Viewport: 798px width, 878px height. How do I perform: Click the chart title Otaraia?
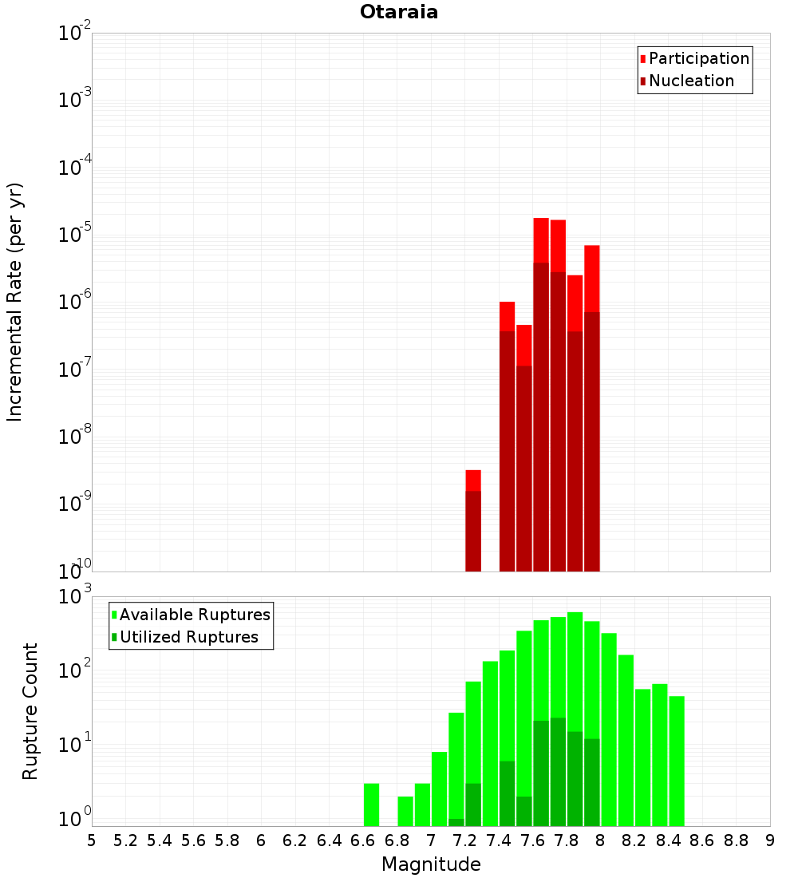[399, 12]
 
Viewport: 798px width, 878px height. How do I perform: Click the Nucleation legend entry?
[691, 81]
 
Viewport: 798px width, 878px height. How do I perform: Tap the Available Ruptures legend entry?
[194, 615]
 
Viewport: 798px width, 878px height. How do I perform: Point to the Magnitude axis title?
[431, 864]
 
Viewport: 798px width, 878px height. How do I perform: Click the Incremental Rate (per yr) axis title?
[14, 302]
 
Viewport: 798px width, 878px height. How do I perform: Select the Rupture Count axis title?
[30, 710]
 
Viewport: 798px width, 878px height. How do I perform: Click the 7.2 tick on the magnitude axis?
[464, 840]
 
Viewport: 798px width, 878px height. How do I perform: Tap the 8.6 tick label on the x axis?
[702, 840]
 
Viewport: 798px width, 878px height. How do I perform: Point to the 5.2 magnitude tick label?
[125, 840]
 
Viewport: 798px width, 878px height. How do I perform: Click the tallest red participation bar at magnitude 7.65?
[541, 239]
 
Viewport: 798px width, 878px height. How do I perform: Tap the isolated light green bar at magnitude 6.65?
[371, 805]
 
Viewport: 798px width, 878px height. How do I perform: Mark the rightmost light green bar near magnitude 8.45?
[677, 758]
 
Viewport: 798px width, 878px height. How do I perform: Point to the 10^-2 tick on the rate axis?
[75, 34]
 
